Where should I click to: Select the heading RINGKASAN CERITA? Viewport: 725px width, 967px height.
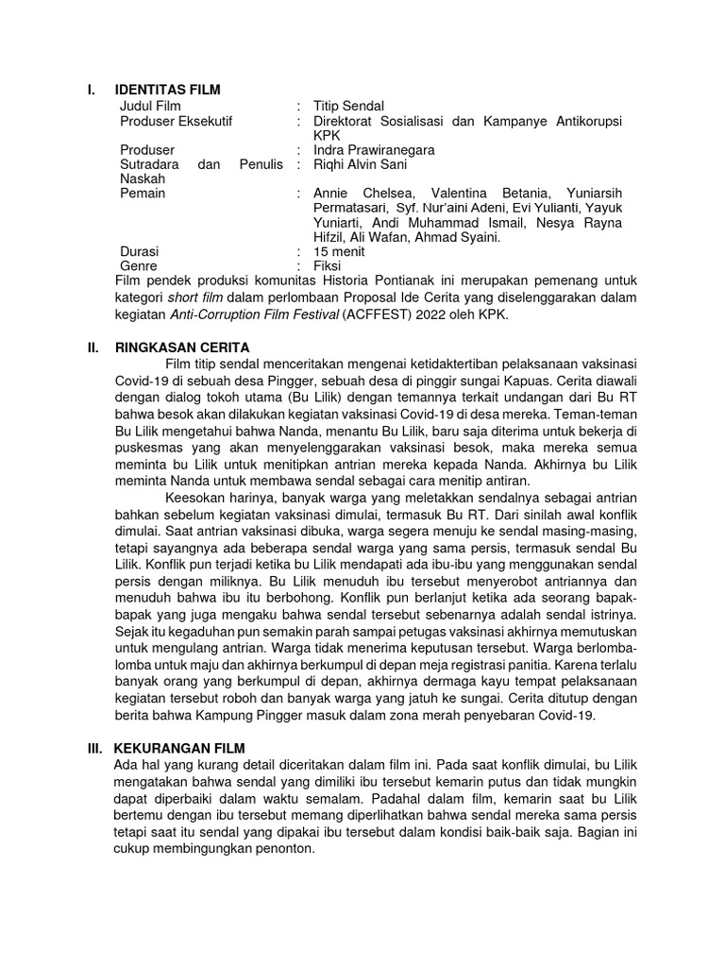click(x=178, y=348)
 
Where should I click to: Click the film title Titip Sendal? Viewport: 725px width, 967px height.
click(x=349, y=106)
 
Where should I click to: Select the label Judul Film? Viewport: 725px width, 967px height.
click(x=150, y=106)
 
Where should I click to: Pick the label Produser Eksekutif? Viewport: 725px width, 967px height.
click(x=177, y=121)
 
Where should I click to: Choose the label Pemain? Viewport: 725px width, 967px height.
click(x=143, y=194)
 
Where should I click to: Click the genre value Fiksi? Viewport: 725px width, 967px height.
click(x=328, y=266)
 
